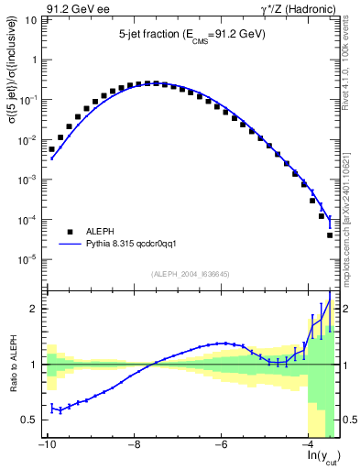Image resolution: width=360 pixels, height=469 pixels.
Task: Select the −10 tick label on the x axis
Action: point(46,445)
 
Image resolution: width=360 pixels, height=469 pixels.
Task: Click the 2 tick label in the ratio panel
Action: point(37,309)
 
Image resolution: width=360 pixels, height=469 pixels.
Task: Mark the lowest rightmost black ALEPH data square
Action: point(330,235)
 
